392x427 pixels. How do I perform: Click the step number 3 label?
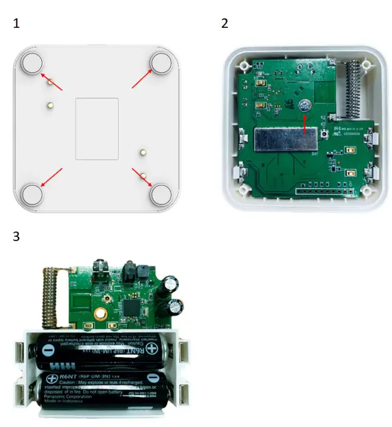tap(17, 236)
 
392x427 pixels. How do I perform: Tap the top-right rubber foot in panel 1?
tap(160, 62)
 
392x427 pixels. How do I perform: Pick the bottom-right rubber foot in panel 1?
tap(160, 194)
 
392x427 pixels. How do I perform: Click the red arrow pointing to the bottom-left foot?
tap(52, 177)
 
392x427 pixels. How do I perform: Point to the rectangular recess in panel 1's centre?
tap(97, 129)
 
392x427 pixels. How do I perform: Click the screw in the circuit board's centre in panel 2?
tap(304, 105)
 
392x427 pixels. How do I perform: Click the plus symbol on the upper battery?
tap(153, 349)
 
